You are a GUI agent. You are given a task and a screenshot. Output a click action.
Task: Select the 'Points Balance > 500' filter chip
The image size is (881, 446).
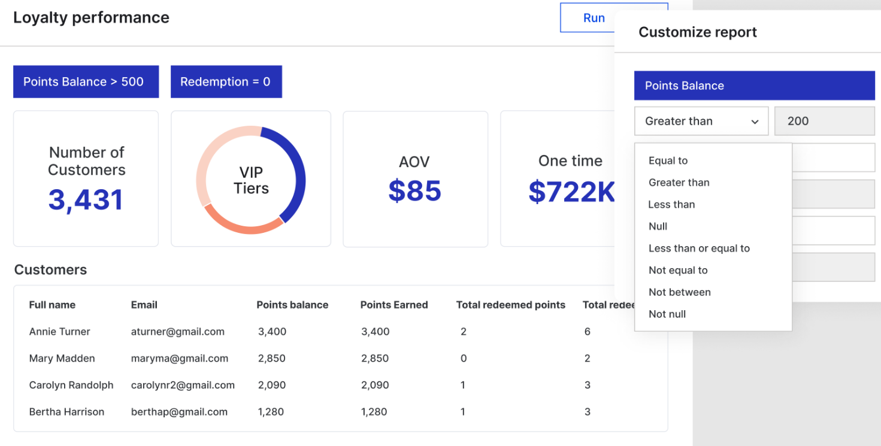(x=86, y=81)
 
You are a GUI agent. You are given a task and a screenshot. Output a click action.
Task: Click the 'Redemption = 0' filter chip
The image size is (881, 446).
(x=226, y=81)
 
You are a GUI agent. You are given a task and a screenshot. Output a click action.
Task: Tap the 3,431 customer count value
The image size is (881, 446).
(x=86, y=200)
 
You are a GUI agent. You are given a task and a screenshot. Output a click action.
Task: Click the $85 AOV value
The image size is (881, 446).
(x=414, y=191)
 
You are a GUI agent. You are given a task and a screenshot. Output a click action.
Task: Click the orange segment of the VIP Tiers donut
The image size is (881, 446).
(x=243, y=226)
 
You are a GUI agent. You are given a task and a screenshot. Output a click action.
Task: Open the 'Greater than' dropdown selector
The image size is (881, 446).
(x=701, y=121)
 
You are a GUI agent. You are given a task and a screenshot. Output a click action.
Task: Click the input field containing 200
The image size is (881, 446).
(x=824, y=121)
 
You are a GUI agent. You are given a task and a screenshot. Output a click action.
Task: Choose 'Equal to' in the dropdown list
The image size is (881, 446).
(x=668, y=160)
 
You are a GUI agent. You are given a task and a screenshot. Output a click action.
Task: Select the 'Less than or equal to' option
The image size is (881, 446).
(x=699, y=248)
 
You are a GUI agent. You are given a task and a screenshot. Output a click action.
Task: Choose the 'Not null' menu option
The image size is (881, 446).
(x=667, y=314)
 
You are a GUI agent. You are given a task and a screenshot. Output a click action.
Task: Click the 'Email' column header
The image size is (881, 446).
(x=144, y=305)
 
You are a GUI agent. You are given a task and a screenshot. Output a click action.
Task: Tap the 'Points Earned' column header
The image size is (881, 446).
(x=393, y=305)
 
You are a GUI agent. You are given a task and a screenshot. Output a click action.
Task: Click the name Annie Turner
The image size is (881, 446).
(x=59, y=332)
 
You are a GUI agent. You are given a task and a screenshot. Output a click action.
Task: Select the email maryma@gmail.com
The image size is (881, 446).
(x=179, y=359)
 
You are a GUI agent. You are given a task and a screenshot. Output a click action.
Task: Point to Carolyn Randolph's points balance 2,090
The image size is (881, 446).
(x=272, y=385)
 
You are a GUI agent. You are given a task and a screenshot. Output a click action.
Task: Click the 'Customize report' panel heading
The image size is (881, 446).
(x=697, y=32)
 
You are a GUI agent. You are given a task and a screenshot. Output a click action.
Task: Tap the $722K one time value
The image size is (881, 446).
(x=571, y=191)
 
